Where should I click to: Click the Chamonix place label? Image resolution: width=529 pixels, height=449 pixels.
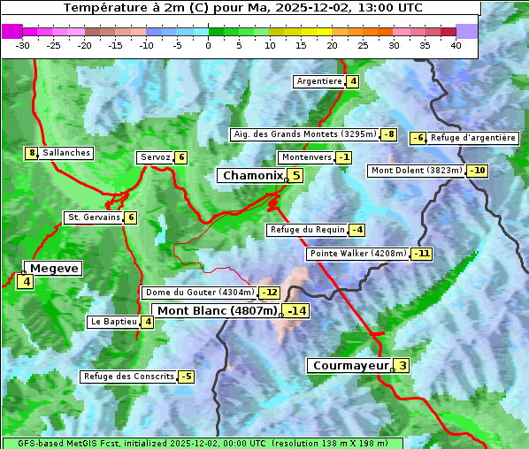point(252,176)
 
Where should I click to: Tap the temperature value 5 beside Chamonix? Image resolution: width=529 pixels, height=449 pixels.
point(296,176)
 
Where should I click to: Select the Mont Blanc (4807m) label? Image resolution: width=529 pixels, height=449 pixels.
point(217,311)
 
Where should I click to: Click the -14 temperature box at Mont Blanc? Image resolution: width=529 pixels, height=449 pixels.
point(295,311)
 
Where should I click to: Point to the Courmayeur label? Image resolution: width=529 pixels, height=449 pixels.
point(351,365)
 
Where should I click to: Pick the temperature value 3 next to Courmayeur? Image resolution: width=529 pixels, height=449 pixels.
point(402,365)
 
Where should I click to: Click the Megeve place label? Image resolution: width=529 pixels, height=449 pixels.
point(55,268)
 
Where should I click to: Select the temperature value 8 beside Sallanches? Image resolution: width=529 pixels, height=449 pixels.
point(32,153)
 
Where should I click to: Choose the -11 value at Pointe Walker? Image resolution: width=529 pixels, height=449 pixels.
point(422,254)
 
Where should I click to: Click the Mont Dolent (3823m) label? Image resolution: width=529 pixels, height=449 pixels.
point(417,171)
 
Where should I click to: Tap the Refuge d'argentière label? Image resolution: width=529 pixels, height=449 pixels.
point(473,138)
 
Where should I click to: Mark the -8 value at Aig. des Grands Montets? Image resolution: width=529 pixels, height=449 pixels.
point(388,134)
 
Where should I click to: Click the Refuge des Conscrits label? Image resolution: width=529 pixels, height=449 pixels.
point(128,377)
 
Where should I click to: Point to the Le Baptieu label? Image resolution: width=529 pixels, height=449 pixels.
point(113,322)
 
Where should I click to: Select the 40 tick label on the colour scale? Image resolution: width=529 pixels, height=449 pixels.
point(456,45)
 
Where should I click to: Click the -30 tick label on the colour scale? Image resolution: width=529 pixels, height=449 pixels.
point(23,45)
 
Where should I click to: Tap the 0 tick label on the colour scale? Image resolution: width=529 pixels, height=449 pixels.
point(208,45)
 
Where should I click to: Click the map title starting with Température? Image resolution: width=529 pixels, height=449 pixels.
point(243,8)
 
